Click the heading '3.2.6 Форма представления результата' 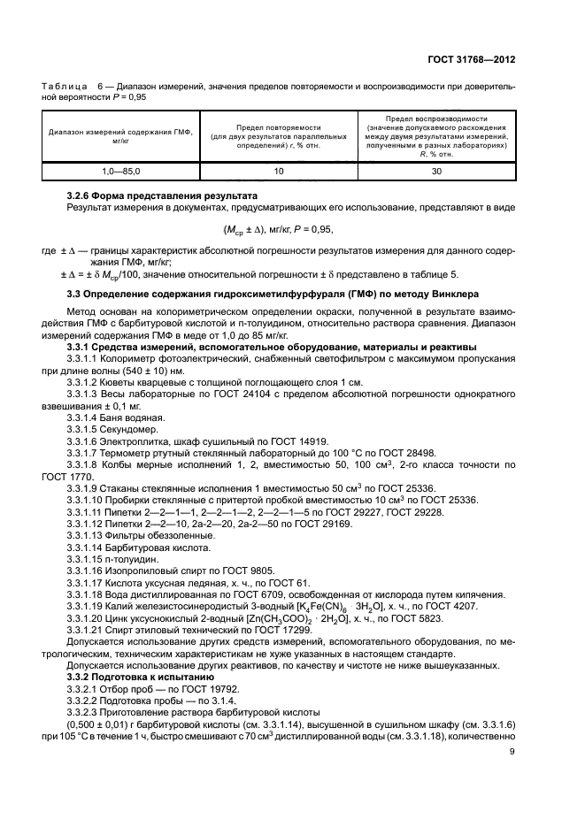[162, 195]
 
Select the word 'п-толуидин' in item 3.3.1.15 [135, 563]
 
